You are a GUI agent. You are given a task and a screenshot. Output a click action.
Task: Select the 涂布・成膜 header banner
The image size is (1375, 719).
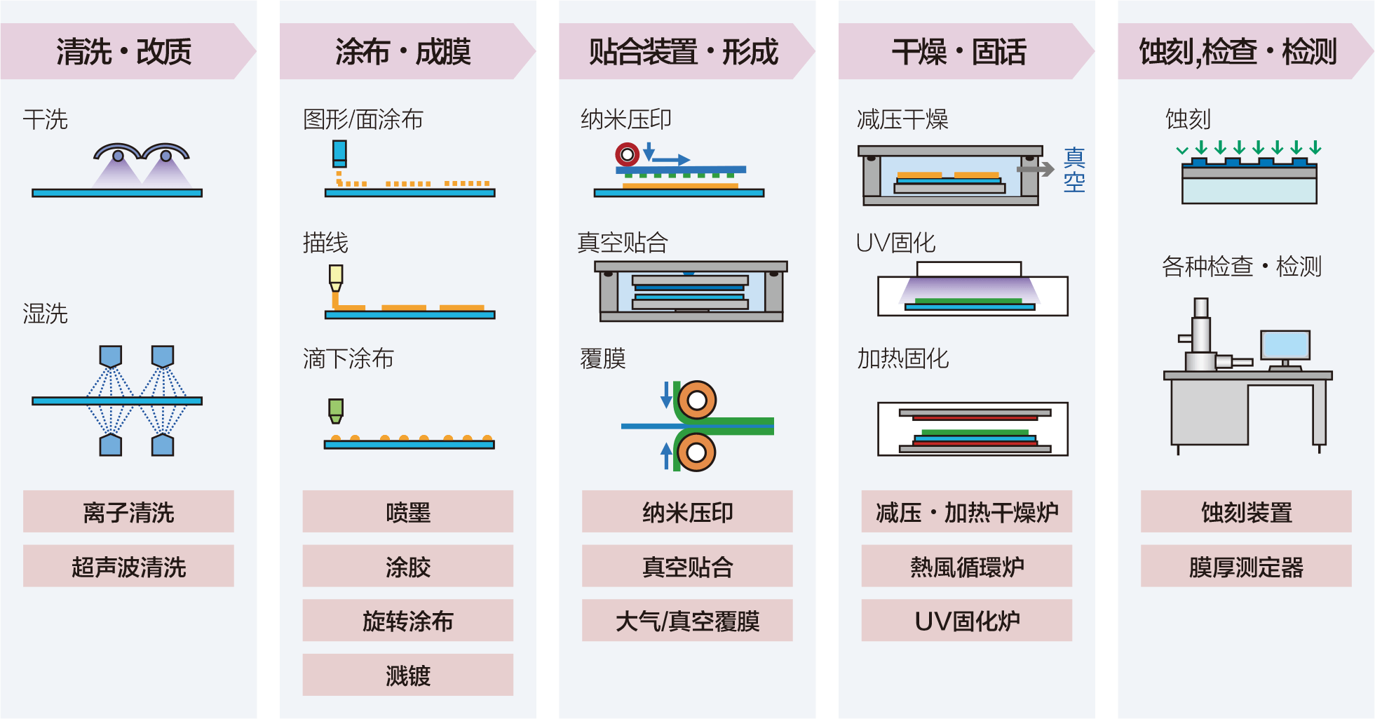click(403, 51)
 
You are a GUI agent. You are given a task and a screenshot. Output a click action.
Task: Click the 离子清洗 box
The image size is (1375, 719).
click(128, 512)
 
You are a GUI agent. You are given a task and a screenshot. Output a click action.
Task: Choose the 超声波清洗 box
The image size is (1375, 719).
click(128, 566)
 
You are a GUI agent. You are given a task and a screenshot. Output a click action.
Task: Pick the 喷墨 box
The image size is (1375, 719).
click(407, 512)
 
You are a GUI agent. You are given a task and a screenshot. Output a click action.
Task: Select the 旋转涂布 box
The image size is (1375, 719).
click(407, 621)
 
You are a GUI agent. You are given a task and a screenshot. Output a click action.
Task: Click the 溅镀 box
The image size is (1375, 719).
click(407, 675)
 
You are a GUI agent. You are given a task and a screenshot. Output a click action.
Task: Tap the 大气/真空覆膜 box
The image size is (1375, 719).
click(687, 621)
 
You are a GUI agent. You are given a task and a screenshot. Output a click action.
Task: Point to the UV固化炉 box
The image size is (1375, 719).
click(966, 621)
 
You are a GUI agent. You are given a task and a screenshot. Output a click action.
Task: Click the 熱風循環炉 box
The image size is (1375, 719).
click(966, 566)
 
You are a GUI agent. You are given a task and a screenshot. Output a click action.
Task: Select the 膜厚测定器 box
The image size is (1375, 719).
click(1245, 566)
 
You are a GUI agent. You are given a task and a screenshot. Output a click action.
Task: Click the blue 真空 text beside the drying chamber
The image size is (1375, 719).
click(1074, 170)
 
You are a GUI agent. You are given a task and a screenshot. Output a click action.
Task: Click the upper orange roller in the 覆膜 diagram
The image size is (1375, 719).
click(696, 401)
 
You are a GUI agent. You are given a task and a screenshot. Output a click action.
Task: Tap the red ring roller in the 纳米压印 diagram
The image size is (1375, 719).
click(627, 154)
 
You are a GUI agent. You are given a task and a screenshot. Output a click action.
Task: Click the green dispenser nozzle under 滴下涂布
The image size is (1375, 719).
click(336, 410)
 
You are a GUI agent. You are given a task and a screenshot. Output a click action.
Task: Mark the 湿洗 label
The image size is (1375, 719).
click(46, 313)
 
